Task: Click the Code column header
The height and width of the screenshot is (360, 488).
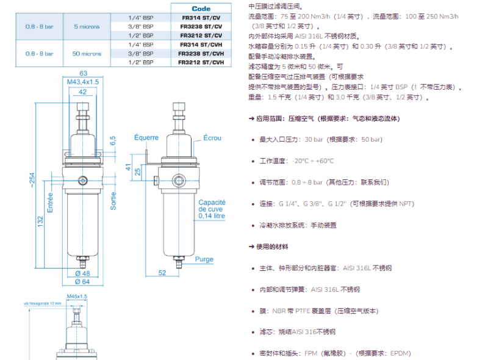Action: [201, 9]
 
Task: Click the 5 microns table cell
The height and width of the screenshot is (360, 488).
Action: [87, 27]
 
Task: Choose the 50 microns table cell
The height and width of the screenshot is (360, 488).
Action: [87, 54]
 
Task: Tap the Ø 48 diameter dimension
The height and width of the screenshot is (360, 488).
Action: [83, 273]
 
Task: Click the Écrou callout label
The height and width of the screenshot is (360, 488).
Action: [212, 138]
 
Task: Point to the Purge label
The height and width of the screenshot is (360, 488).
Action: [204, 259]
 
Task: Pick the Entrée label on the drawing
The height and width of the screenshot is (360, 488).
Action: [50, 201]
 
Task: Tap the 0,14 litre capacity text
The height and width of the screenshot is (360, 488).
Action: [212, 216]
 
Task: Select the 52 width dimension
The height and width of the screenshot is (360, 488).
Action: [162, 273]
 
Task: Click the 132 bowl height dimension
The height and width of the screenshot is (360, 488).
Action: [40, 219]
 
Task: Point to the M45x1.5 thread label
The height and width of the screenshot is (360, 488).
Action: [77, 296]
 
